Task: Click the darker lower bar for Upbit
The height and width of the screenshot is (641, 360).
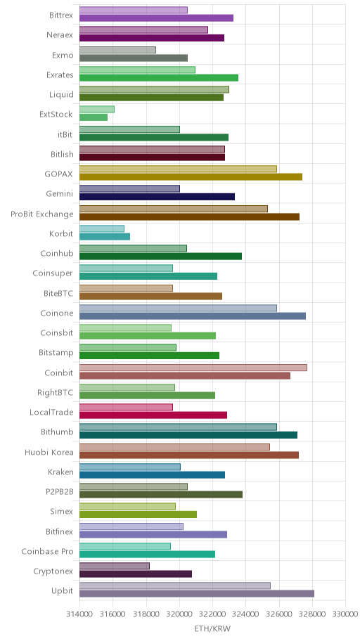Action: point(197,594)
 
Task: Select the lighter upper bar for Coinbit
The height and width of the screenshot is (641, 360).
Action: point(193,368)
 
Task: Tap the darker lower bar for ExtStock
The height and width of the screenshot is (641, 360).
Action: point(94,117)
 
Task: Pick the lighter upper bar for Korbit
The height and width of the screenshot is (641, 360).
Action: point(102,228)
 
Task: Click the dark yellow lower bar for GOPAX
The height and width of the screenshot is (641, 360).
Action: point(191,176)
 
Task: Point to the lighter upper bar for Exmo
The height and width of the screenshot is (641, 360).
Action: point(117,50)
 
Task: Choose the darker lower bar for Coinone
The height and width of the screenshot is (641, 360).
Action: point(192,316)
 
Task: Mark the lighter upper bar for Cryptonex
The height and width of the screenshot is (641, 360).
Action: point(115,566)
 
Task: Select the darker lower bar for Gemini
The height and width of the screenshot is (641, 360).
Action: point(157,197)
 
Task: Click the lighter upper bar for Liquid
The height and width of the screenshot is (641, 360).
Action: point(154,89)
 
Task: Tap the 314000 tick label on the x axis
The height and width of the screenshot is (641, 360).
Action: point(79,614)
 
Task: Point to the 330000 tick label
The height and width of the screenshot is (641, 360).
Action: point(346,614)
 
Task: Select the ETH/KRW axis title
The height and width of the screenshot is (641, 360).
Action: point(212,629)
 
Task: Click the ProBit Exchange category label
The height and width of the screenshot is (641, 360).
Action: point(42,214)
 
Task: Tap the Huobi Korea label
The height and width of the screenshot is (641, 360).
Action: point(49,452)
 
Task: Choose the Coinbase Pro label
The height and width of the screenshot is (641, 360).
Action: point(47,552)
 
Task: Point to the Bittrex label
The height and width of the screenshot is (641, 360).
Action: point(61,15)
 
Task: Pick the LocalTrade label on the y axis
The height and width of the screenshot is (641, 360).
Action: point(51,412)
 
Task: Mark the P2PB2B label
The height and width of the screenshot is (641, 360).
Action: point(60,492)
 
